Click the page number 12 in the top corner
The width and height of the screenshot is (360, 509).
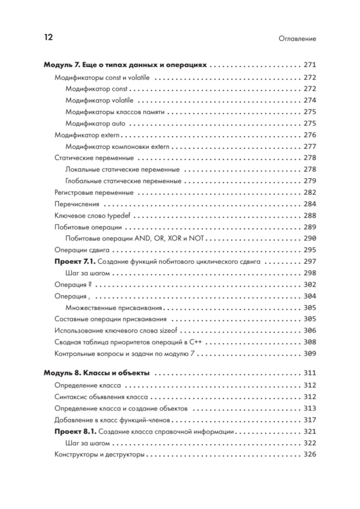pos(48,37)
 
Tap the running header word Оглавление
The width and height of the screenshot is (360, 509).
pos(297,39)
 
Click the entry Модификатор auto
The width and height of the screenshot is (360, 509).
pos(95,124)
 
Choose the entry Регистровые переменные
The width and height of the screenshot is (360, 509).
pos(94,193)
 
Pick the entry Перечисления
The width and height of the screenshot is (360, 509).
pos(77,204)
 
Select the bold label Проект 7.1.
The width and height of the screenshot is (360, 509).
pos(75,262)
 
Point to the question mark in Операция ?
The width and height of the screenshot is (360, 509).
pos(90,285)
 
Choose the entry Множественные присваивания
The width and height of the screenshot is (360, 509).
pos(114,308)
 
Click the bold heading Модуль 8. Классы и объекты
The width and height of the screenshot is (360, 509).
pos(96,373)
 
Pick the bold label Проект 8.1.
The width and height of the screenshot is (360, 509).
pos(75,432)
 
